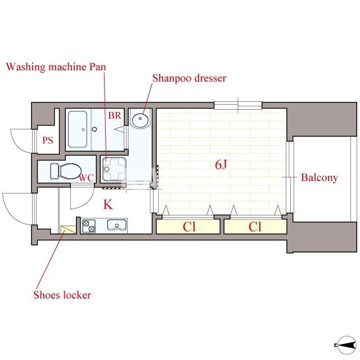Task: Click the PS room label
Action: pyautogui.click(x=48, y=140)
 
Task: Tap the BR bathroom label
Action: pyautogui.click(x=115, y=115)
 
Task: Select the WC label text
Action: pyautogui.click(x=86, y=178)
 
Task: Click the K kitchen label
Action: pyautogui.click(x=108, y=204)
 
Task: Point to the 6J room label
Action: pyautogui.click(x=221, y=164)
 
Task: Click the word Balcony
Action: pyautogui.click(x=319, y=178)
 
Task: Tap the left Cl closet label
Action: pyautogui.click(x=189, y=227)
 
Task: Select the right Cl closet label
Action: pyautogui.click(x=255, y=227)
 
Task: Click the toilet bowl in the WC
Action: pyautogui.click(x=66, y=171)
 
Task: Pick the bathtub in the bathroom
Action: pyautogui.click(x=78, y=129)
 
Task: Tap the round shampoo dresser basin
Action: pyautogui.click(x=140, y=119)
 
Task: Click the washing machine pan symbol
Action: pyautogui.click(x=114, y=169)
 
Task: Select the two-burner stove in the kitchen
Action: pyautogui.click(x=89, y=226)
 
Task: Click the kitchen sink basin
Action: pyautogui.click(x=117, y=225)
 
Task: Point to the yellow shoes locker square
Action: pyautogui.click(x=68, y=229)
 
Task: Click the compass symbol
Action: pyautogui.click(x=345, y=345)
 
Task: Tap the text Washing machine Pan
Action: pyautogui.click(x=56, y=67)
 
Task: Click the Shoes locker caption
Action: pyautogui.click(x=62, y=295)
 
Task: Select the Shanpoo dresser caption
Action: pyautogui.click(x=190, y=78)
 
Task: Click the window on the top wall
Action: pyautogui.click(x=238, y=106)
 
